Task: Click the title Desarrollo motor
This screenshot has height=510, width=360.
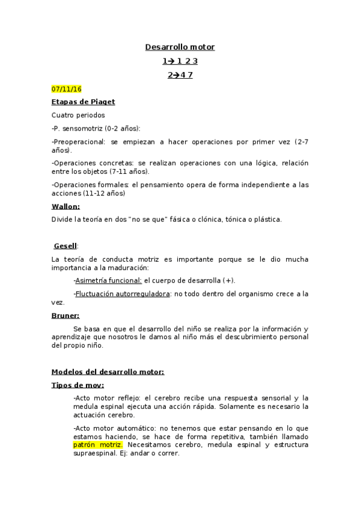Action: coord(180,47)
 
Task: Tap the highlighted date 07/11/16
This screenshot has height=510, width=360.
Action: coord(66,90)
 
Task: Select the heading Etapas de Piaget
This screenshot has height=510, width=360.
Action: coord(83,102)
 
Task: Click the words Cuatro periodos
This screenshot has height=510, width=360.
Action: coord(78,115)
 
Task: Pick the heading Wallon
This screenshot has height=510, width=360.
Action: coord(66,206)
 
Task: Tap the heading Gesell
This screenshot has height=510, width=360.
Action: coord(66,246)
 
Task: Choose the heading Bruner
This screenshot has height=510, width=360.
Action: coord(66,316)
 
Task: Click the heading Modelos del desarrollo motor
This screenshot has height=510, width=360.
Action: coord(108,372)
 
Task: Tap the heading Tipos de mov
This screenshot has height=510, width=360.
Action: coord(78,386)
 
